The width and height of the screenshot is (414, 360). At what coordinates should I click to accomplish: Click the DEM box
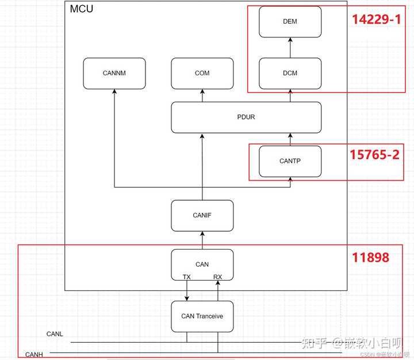click(290, 21)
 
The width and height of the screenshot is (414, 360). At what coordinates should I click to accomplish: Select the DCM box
click(290, 73)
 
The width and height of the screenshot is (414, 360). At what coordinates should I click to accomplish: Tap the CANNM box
click(114, 73)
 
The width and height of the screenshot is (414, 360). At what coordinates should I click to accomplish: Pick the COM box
click(202, 73)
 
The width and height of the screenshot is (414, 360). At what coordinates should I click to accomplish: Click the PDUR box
click(246, 117)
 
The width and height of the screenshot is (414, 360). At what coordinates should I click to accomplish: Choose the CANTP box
click(290, 161)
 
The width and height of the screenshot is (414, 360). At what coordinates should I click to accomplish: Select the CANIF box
click(202, 215)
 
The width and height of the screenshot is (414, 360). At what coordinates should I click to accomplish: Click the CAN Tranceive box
click(202, 316)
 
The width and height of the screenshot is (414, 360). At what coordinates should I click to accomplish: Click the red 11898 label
click(370, 257)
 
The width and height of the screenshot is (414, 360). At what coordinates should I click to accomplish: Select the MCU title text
click(81, 9)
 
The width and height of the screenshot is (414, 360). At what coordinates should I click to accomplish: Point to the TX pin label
click(187, 277)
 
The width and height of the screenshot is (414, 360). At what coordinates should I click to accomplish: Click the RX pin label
click(217, 277)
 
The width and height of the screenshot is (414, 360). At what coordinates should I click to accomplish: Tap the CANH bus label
click(34, 354)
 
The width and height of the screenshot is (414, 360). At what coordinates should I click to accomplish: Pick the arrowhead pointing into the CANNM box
click(114, 93)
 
